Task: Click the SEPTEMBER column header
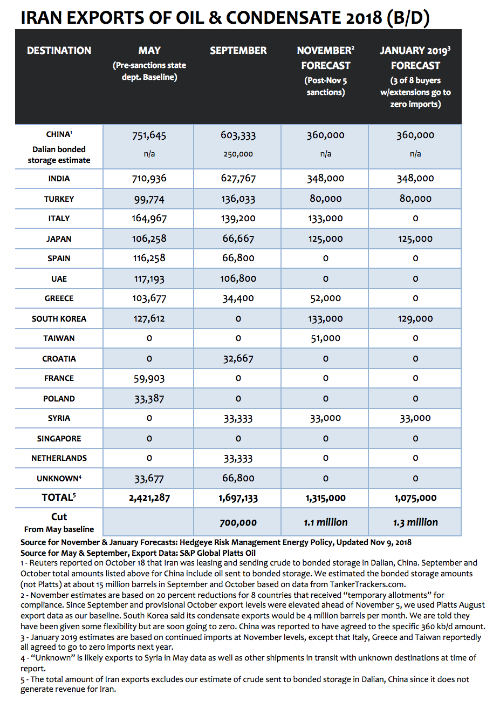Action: [238, 51]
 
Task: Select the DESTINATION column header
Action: [59, 51]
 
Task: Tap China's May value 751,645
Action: [149, 136]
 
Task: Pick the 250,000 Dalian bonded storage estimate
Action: [238, 154]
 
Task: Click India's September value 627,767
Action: [238, 179]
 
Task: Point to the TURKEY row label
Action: [59, 199]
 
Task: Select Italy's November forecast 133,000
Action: [325, 219]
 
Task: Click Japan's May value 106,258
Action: [149, 239]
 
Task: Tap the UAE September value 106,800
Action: [238, 279]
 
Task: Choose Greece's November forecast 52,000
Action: [325, 298]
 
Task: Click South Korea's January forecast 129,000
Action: [415, 319]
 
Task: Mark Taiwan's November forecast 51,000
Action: [325, 338]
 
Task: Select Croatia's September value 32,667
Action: [238, 359]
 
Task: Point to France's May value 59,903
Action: [149, 379]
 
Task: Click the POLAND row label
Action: [59, 399]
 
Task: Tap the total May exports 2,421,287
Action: [149, 498]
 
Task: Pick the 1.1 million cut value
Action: [325, 522]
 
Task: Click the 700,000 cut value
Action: [238, 522]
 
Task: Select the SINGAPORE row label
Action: [59, 439]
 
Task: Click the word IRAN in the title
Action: [42, 18]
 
